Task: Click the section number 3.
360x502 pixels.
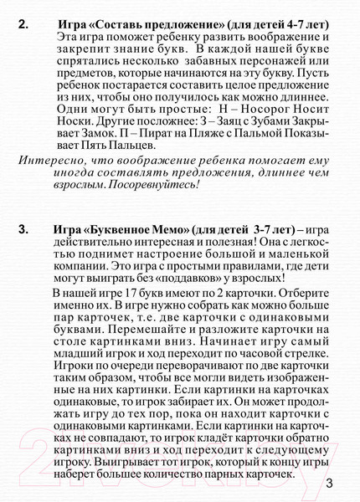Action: [23, 228]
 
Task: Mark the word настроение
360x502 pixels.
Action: [197, 253]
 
